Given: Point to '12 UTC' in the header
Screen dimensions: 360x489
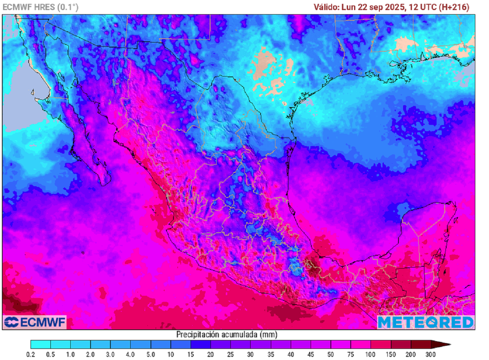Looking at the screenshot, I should pyautogui.click(x=423, y=7).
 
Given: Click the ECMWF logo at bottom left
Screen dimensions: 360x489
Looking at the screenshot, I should pyautogui.click(x=34, y=322).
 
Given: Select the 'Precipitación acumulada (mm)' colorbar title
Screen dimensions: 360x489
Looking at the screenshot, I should pyautogui.click(x=226, y=334).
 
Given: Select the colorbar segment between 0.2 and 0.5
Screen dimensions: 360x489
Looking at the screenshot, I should pyautogui.click(x=41, y=344).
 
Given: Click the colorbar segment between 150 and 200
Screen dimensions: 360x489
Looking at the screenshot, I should pyautogui.click(x=400, y=344).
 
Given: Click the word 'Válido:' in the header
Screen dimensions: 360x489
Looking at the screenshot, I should pyautogui.click(x=327, y=7).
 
